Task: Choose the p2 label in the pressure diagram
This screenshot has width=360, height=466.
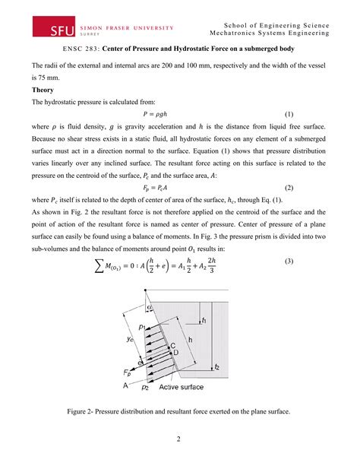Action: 144,386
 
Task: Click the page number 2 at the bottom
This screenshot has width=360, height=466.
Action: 180,439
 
